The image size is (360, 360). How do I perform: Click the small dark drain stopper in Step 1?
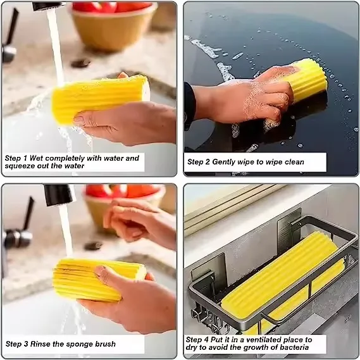tap(80, 63)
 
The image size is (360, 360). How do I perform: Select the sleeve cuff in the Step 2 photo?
tap(189, 104)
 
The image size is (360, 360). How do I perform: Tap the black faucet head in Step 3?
tap(59, 194)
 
